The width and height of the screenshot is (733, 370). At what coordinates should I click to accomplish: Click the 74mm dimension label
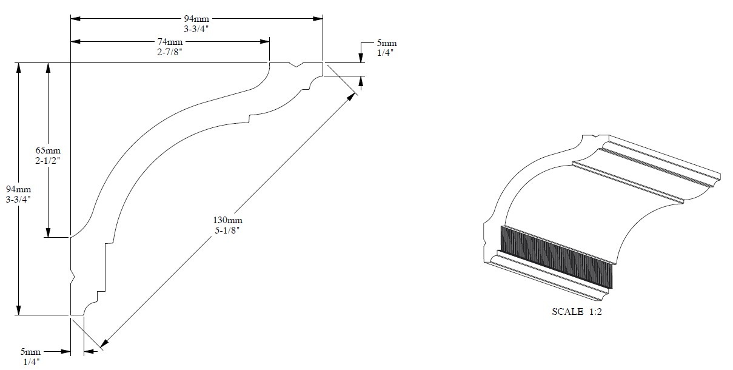170,42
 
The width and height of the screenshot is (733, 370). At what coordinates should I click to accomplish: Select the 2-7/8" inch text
170,52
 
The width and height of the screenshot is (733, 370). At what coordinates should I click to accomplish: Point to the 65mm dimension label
48,150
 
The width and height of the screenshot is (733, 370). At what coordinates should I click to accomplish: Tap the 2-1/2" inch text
48,161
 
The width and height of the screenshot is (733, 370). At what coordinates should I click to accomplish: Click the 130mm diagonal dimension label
228,220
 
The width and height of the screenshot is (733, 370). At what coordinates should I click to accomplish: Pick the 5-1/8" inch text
227,230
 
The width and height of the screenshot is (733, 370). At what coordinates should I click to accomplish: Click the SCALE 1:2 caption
577,311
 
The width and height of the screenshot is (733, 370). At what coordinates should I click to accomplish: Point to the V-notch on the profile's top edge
296,65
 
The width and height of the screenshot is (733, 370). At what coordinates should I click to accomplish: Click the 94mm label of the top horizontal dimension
196,19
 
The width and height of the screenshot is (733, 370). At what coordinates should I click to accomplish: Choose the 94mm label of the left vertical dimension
18,189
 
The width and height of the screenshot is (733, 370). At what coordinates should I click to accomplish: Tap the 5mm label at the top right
387,43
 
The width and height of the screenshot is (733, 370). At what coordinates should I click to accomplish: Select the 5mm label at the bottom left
30,352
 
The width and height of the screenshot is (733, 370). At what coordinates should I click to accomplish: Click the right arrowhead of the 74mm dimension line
265,42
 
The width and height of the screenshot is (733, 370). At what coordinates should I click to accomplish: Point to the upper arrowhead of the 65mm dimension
48,67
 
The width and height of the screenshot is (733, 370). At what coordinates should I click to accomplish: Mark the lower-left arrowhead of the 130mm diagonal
104,343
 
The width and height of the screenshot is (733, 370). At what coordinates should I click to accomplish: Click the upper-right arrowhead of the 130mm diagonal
352,97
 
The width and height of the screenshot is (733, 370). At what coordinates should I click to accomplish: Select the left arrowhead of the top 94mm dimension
76,19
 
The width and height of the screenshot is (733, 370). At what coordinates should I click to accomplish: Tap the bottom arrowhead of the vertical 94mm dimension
19,311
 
